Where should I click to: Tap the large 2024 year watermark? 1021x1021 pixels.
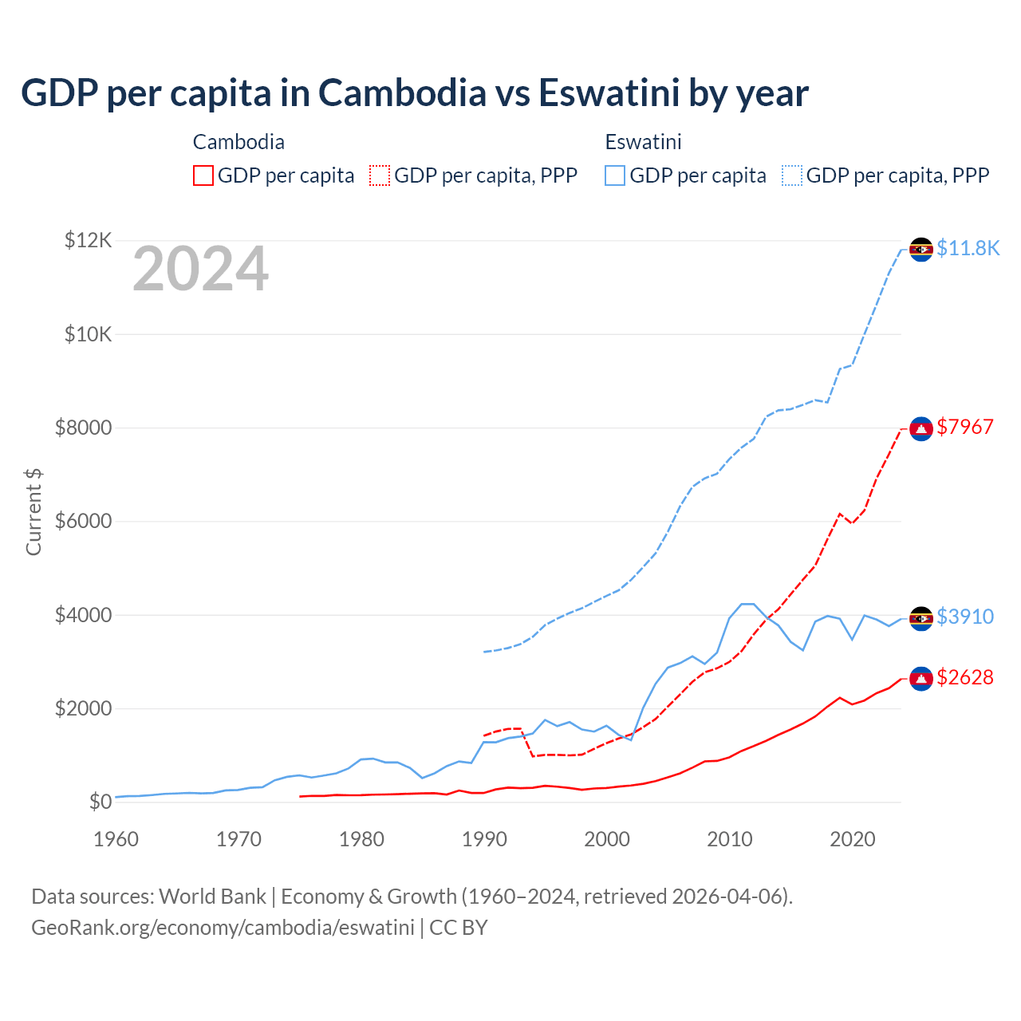coord(200,269)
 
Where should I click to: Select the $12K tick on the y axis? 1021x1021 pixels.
coord(88,240)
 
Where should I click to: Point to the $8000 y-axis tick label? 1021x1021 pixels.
coord(83,428)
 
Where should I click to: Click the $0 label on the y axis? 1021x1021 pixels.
coord(100,802)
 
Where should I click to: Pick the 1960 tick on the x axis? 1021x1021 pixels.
coord(116,839)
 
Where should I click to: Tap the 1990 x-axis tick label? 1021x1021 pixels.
coord(485,839)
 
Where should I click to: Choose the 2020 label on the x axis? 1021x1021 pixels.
coord(853,839)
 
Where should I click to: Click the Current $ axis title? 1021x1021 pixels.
coord(34,511)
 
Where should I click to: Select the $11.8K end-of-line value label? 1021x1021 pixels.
coord(968,248)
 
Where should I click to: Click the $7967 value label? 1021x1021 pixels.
coord(965,427)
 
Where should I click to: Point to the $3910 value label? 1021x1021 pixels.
coord(965,617)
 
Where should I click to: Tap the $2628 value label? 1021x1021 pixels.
coord(965,677)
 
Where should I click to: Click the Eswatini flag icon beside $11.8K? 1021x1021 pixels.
coord(921,249)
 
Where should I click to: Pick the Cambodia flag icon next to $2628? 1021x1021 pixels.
coord(921,679)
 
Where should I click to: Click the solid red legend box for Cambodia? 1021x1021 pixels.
coord(203,175)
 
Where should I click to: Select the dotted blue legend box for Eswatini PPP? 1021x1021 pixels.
coord(792,175)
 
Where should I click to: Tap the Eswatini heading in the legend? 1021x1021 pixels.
coord(643,142)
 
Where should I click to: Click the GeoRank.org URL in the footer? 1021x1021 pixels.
coord(223,928)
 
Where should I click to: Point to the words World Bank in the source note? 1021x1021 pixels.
coord(212,897)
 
